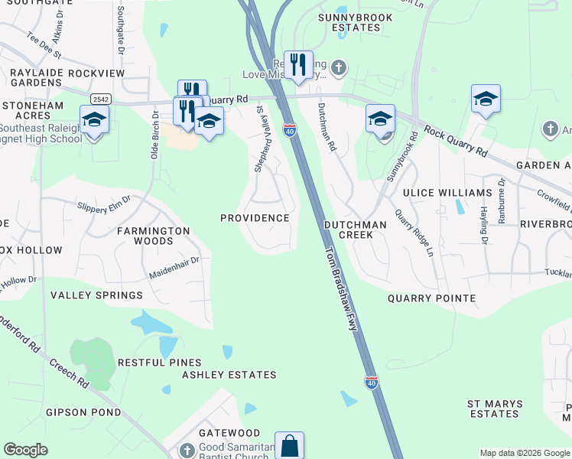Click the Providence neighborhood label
[x=255, y=218]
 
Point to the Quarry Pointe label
[x=431, y=298]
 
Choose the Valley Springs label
[x=96, y=295]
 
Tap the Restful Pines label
[x=160, y=363]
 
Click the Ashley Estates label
[x=229, y=375]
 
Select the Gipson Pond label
[x=83, y=412]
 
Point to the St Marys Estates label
[x=495, y=409]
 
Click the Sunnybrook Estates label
[x=356, y=22]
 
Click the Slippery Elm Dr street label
[x=103, y=202]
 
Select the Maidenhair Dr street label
[x=174, y=265]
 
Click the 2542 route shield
[x=99, y=99]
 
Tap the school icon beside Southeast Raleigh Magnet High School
[x=94, y=120]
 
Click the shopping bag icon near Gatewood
[x=289, y=445]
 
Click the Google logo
[x=26, y=450]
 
